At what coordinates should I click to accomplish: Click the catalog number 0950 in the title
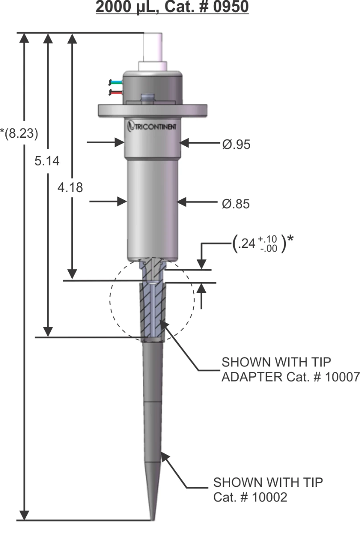coord(231,7)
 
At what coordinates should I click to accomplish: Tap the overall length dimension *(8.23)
coord(19,133)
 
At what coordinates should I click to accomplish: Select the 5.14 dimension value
coord(47,161)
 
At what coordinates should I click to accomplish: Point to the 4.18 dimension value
coord(70,188)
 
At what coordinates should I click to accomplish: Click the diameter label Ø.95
coord(236,144)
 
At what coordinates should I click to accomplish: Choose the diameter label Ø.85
coord(236,204)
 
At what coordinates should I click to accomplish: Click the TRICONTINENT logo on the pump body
coord(152,126)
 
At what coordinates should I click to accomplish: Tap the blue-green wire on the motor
coord(116,82)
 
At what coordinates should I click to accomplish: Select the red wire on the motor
coord(116,92)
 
